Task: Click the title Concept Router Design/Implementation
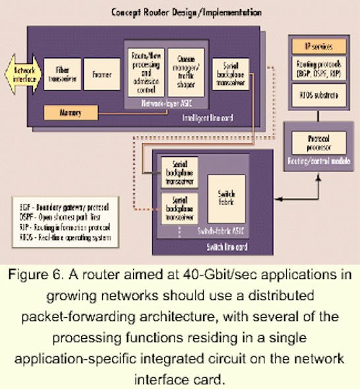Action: point(177,12)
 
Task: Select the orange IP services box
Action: point(318,47)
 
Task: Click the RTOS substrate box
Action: point(318,94)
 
